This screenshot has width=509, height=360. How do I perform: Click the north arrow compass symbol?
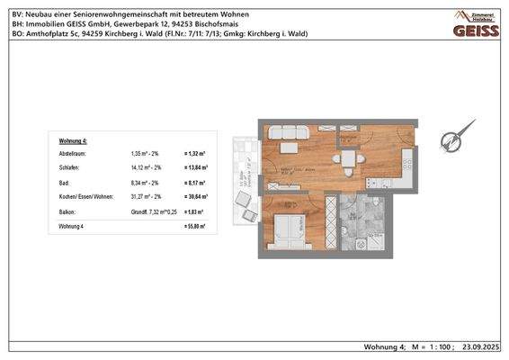point(455,139)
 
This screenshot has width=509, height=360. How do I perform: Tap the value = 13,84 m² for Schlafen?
point(196,167)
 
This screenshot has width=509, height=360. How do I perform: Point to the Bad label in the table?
point(65,181)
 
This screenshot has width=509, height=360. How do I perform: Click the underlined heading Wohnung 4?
point(73,142)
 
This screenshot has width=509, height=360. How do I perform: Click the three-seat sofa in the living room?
point(289,131)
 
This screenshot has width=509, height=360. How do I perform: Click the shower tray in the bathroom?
point(377,239)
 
